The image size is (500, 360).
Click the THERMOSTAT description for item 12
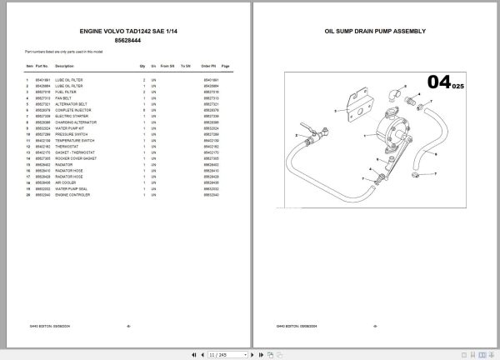(67, 147)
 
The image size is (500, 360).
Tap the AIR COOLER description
(66, 184)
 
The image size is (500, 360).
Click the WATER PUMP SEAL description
(72, 189)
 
